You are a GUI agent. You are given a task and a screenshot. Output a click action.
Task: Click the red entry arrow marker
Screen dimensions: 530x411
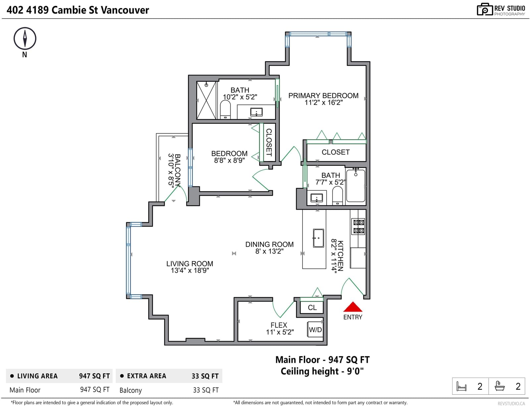pyautogui.click(x=352, y=307)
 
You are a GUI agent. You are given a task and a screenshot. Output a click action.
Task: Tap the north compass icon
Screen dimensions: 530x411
pyautogui.click(x=25, y=38)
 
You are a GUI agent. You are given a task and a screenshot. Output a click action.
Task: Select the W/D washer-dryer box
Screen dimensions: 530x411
pyautogui.click(x=315, y=329)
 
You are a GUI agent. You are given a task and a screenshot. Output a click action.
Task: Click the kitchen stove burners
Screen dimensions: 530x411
pyautogui.click(x=358, y=226)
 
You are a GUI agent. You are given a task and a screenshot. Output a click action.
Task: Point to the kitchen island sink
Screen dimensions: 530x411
pyautogui.click(x=318, y=238)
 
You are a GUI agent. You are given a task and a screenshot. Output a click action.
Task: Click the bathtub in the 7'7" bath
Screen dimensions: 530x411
pyautogui.click(x=356, y=185)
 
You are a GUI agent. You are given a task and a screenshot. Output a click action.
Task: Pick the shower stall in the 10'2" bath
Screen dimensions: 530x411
pyautogui.click(x=206, y=100)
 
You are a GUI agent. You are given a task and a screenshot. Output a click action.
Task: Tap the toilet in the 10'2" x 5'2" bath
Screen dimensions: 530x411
pyautogui.click(x=225, y=110)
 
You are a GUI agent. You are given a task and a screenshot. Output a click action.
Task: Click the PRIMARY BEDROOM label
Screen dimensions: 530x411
pyautogui.click(x=323, y=96)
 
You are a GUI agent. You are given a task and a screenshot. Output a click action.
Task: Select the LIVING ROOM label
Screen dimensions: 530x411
pyautogui.click(x=189, y=263)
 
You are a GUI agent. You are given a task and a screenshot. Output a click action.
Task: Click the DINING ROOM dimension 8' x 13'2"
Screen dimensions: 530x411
pyautogui.click(x=269, y=251)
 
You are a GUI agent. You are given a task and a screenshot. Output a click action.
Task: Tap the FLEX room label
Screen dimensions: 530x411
pyautogui.click(x=279, y=325)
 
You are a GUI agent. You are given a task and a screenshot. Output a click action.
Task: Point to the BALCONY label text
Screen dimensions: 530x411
pyautogui.click(x=178, y=170)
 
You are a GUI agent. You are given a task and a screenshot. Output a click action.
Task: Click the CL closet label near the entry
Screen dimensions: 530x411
pyautogui.click(x=312, y=308)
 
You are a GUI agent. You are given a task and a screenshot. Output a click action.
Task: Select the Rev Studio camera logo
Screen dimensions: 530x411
pyautogui.click(x=485, y=9)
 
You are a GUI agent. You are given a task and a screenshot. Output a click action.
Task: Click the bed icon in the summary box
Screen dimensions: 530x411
pyautogui.click(x=461, y=386)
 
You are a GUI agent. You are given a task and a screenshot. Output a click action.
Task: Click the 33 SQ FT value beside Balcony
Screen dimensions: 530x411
pyautogui.click(x=206, y=390)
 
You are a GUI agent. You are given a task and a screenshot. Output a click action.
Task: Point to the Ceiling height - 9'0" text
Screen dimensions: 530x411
pyautogui.click(x=322, y=372)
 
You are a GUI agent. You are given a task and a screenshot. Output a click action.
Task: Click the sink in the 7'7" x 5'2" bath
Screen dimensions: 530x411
pyautogui.click(x=317, y=198)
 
